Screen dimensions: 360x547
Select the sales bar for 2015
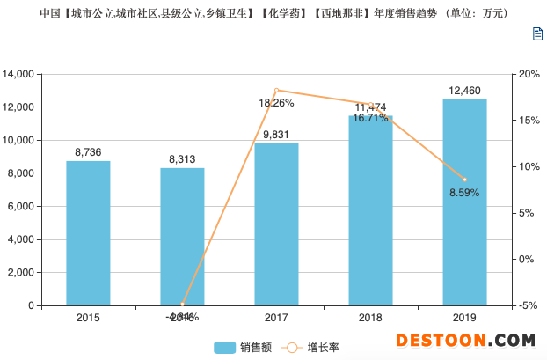coord(88,233)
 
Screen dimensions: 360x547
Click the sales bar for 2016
coord(182,237)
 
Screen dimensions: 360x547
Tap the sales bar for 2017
coord(276,224)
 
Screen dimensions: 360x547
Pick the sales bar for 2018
coord(370,210)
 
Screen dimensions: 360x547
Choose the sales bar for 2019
coord(464,202)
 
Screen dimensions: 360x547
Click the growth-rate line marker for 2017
coord(276,90)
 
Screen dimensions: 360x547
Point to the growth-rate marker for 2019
coord(464,180)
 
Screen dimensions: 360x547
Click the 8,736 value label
coord(88,152)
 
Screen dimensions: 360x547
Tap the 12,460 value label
coord(464,91)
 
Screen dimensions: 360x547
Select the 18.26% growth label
coord(276,103)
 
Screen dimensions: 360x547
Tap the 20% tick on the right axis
coord(528,74)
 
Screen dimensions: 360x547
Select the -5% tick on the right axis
coord(528,305)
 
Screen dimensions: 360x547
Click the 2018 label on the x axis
coord(370,317)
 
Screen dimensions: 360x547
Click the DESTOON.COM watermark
coord(465,340)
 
